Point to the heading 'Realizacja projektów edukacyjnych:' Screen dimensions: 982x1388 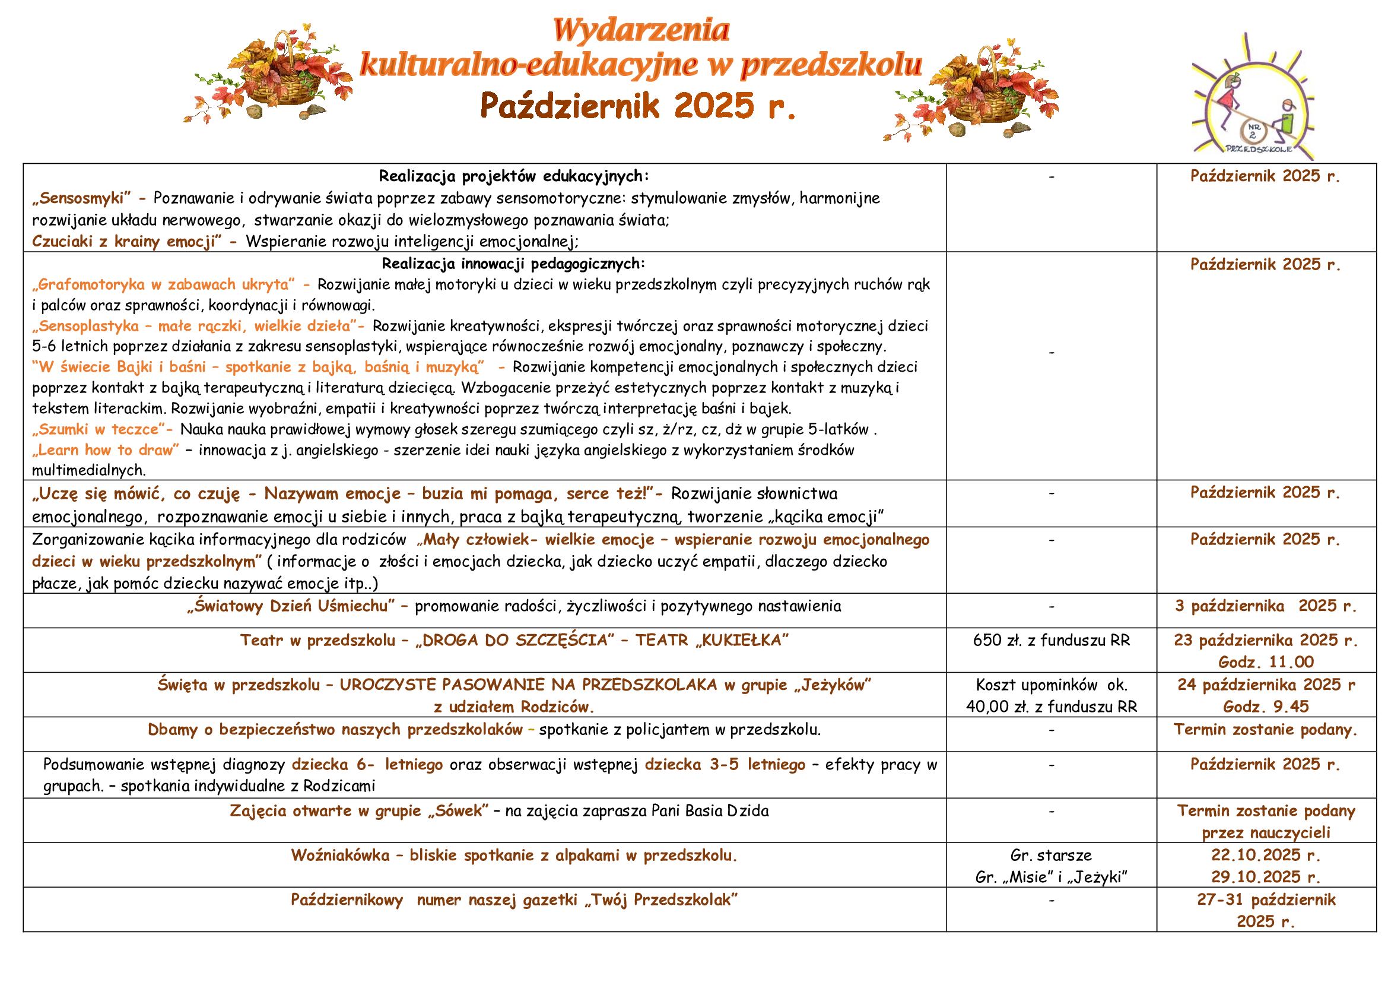pyautogui.click(x=513, y=176)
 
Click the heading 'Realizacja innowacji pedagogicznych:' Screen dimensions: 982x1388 pyautogui.click(x=513, y=264)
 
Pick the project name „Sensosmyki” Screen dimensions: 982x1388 pyautogui.click(x=81, y=198)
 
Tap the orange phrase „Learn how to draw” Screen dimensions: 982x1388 pyautogui.click(x=106, y=450)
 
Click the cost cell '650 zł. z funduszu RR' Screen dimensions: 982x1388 pyautogui.click(x=1052, y=641)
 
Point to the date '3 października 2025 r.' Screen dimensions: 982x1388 pyautogui.click(x=1265, y=606)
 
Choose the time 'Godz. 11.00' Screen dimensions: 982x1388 pyautogui.click(x=1266, y=662)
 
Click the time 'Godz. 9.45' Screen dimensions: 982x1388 pyautogui.click(x=1266, y=707)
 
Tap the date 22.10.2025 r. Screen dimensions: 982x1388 pyautogui.click(x=1265, y=855)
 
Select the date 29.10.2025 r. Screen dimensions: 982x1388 pyautogui.click(x=1265, y=877)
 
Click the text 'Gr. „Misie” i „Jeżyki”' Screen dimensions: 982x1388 pyautogui.click(x=1052, y=878)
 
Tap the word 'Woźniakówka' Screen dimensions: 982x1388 pyautogui.click(x=341, y=855)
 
